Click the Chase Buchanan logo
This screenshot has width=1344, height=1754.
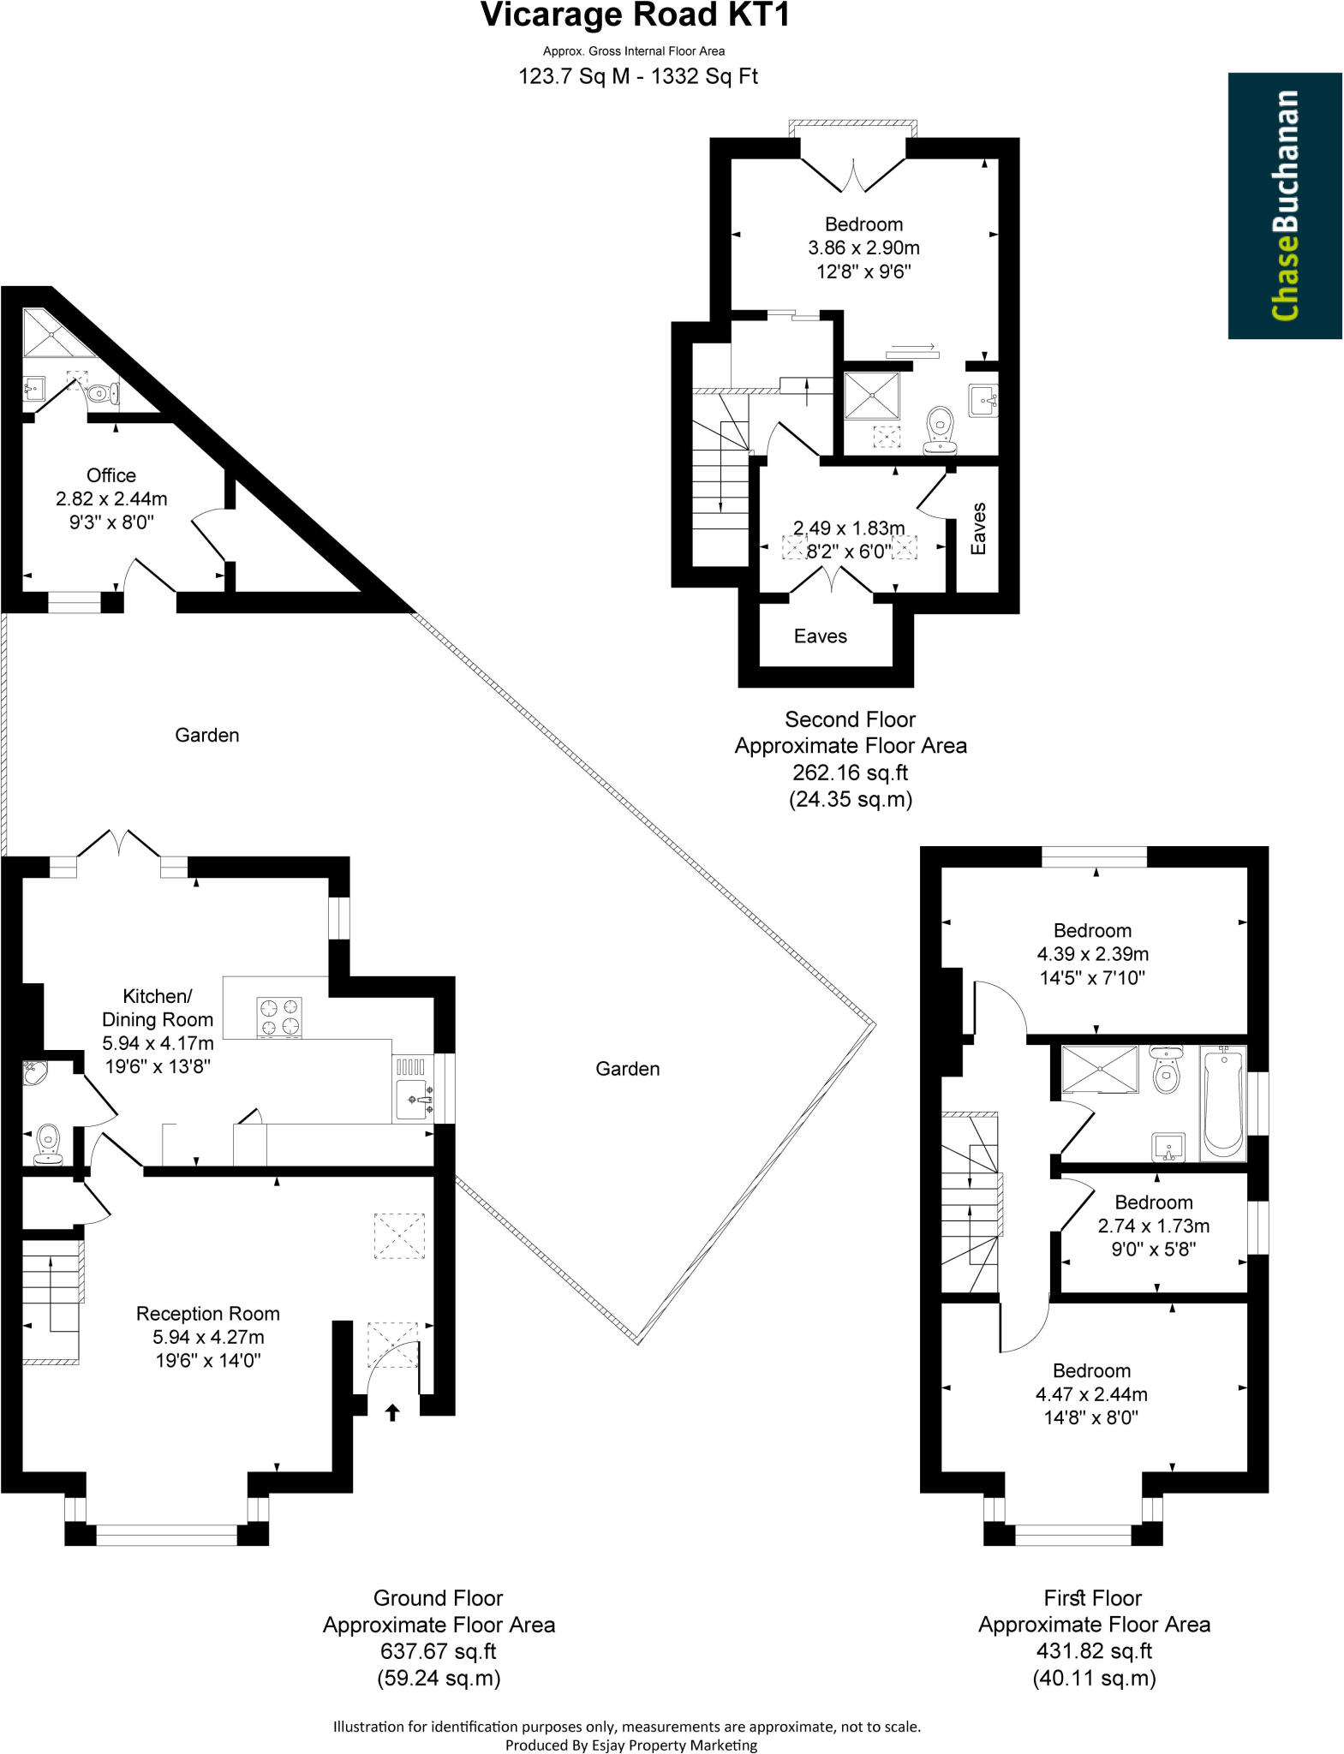point(1284,206)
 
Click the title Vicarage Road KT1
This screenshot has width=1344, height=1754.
point(635,16)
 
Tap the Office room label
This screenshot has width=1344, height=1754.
point(111,475)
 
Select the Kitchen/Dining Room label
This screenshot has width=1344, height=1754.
point(158,1007)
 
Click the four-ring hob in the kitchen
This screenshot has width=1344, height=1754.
point(279,1017)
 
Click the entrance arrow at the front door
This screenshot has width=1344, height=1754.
point(392,1412)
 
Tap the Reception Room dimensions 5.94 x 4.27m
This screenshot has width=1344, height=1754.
point(208,1337)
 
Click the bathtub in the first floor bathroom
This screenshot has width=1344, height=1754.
point(1222,1102)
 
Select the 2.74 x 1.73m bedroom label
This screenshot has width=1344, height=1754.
point(1153,1226)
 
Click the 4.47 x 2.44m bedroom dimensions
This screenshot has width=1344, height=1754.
point(1091,1394)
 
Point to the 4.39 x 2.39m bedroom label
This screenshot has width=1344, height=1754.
point(1092,953)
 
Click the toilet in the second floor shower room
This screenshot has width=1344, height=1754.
point(941,429)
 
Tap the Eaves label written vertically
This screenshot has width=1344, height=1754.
point(978,528)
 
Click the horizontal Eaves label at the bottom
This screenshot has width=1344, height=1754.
point(820,636)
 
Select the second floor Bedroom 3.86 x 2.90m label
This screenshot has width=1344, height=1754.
point(863,248)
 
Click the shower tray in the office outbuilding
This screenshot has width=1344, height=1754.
point(51,333)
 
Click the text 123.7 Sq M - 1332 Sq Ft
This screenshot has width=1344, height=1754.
point(637,77)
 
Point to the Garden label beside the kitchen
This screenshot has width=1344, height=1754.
point(627,1069)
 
